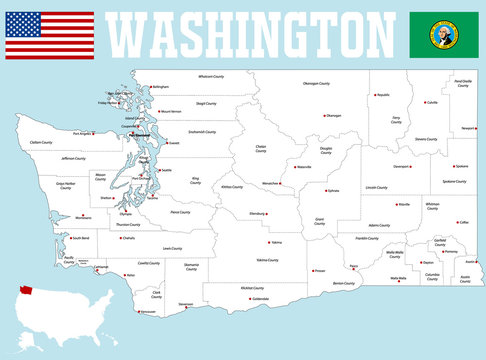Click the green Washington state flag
444,35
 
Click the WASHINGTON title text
250,35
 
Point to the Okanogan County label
317,84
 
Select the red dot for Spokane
450,166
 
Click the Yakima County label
267,260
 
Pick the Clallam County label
41,142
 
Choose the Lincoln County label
377,187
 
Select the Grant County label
320,219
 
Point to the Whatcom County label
211,76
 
